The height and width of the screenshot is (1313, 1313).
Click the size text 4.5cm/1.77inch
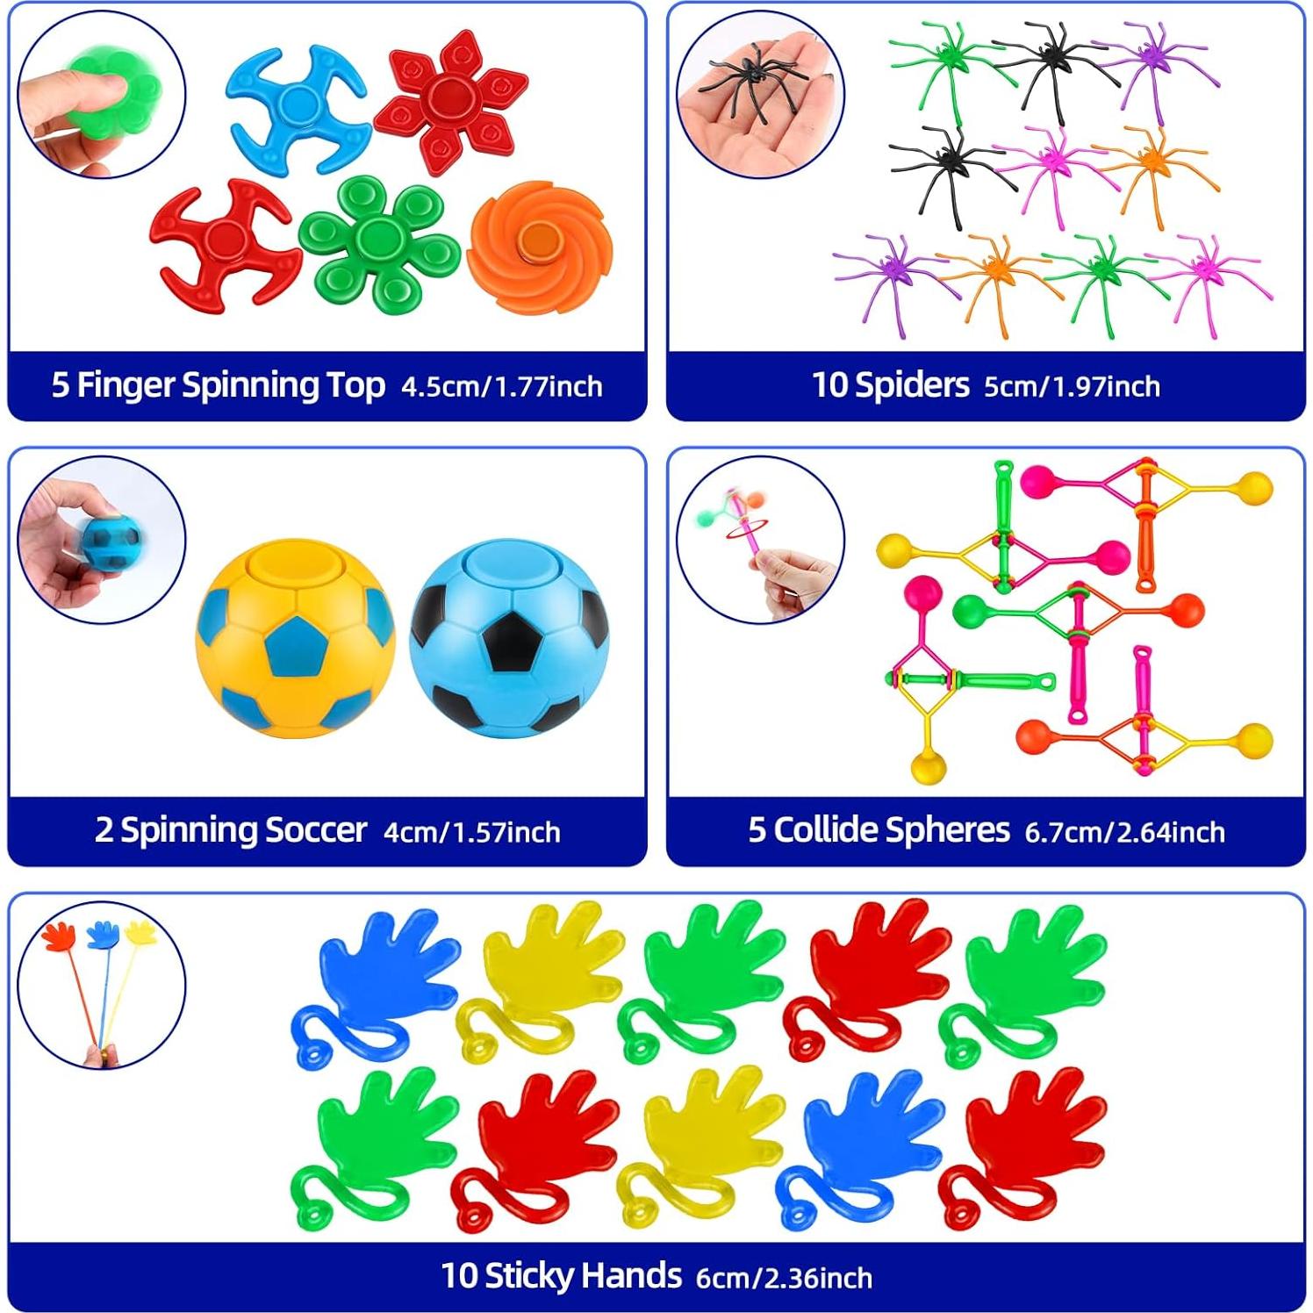pyautogui.click(x=502, y=386)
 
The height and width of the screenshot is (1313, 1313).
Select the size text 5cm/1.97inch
pyautogui.click(x=1072, y=386)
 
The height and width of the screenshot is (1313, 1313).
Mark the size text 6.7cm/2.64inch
pyautogui.click(x=1124, y=831)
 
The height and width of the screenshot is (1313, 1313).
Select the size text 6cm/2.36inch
pyautogui.click(x=784, y=1277)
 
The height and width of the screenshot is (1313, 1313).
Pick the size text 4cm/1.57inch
pyautogui.click(x=471, y=831)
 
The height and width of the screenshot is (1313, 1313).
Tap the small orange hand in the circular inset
pyautogui.click(x=59, y=936)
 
